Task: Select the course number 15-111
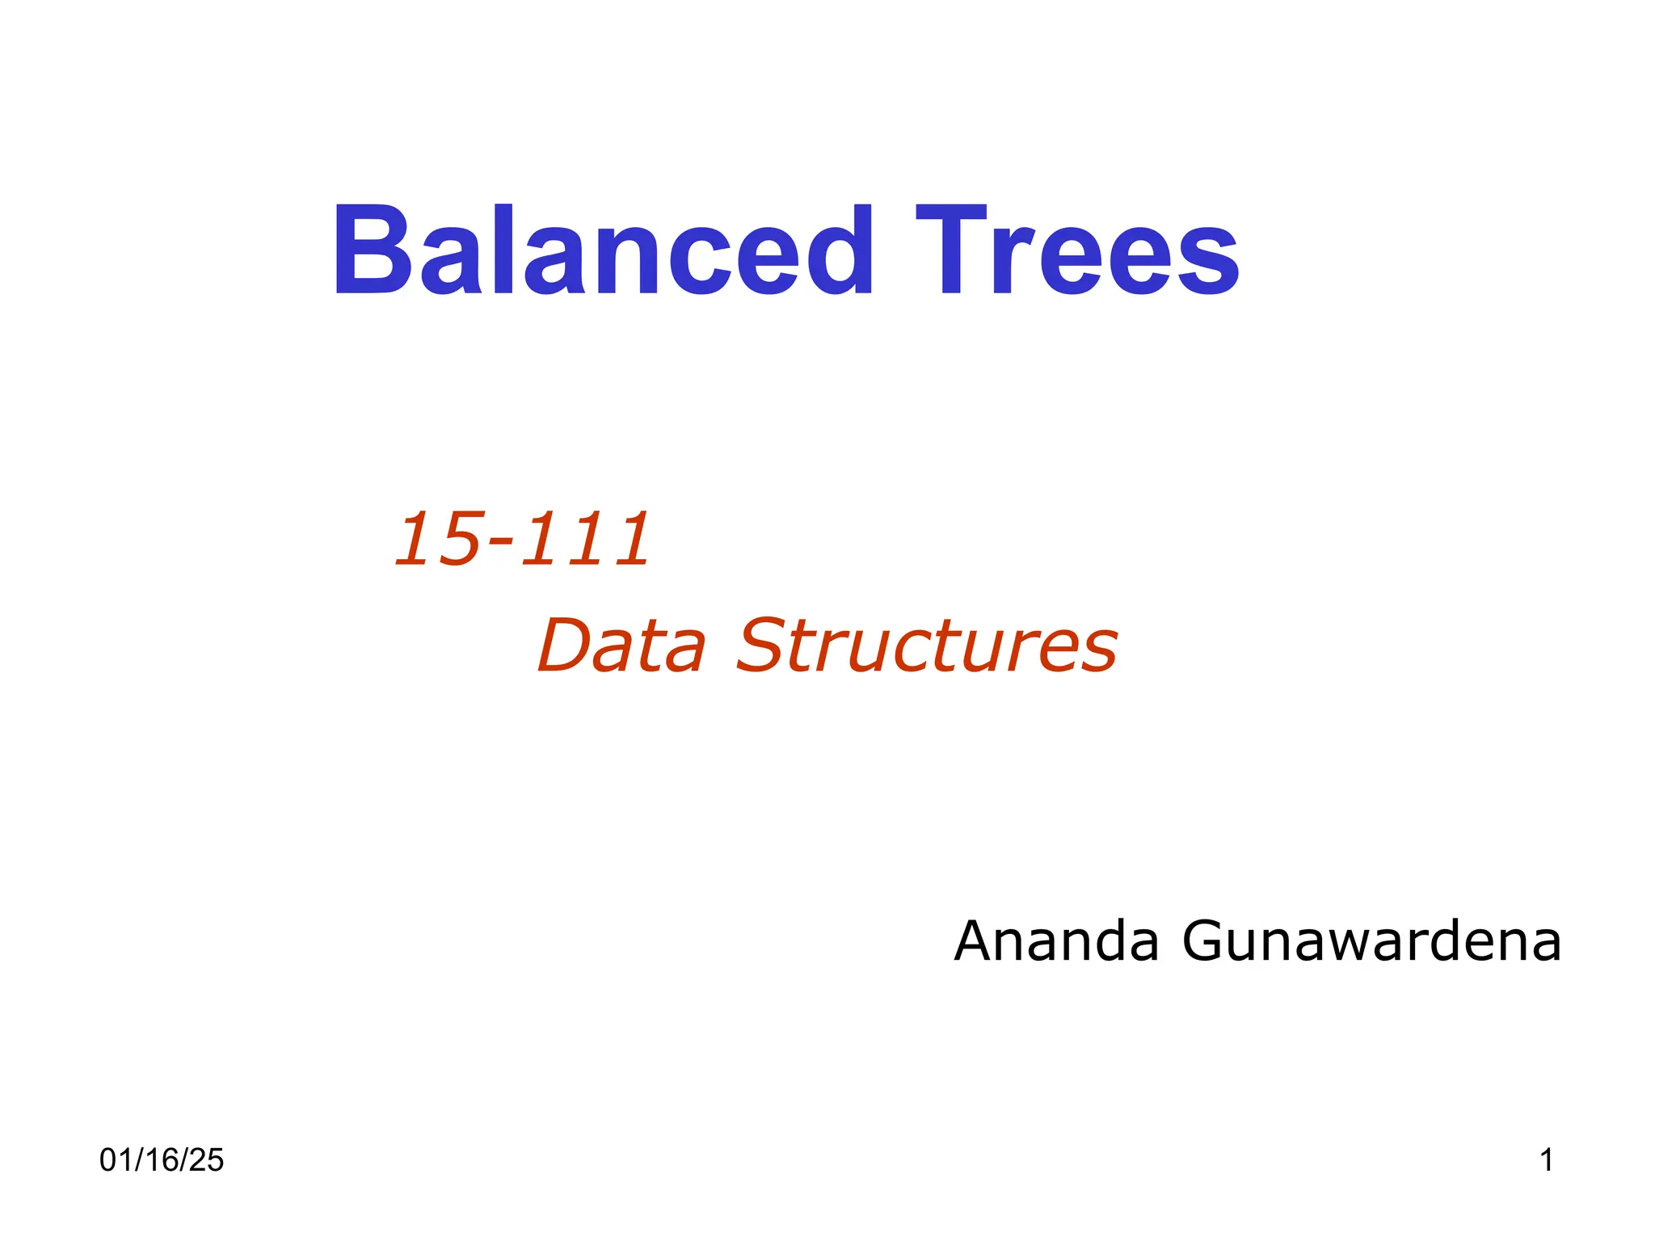[522, 539]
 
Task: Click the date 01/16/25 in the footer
[162, 1160]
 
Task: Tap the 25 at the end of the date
[208, 1160]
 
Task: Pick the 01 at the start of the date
[115, 1160]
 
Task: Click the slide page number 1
[1546, 1160]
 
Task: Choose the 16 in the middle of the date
[162, 1160]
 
